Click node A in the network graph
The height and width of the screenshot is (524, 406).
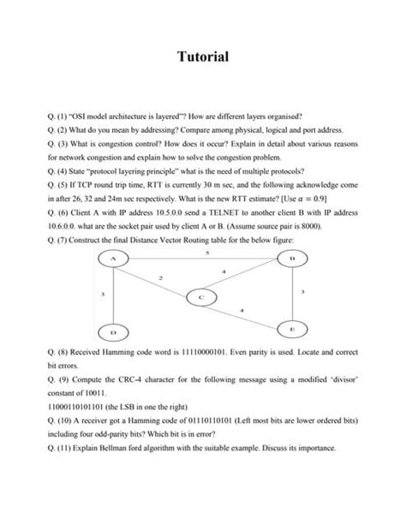[113, 258]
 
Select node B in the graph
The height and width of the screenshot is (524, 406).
[291, 258]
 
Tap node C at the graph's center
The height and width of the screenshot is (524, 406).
[200, 296]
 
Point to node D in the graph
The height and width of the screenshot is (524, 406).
[113, 330]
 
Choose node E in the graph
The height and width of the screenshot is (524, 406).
[291, 327]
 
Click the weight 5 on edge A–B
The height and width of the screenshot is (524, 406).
[207, 252]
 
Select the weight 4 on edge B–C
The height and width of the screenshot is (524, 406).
[224, 271]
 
